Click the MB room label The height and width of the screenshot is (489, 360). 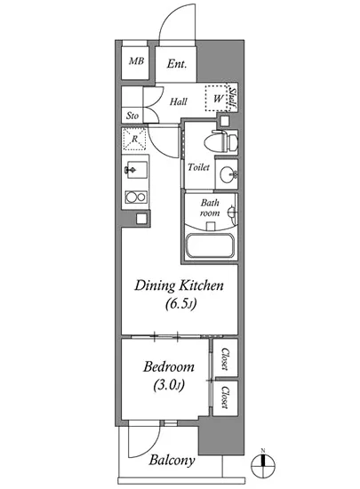pyautogui.click(x=137, y=60)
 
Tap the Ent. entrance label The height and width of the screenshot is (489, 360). pyautogui.click(x=177, y=64)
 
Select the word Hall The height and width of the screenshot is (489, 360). pyautogui.click(x=179, y=101)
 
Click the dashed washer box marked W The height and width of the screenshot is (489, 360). pyautogui.click(x=217, y=98)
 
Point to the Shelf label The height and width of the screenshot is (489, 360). pyautogui.click(x=233, y=98)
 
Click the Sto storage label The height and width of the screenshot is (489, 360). pyautogui.click(x=132, y=116)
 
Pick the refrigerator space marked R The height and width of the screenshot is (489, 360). pyautogui.click(x=134, y=139)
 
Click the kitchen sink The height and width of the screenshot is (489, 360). pyautogui.click(x=136, y=170)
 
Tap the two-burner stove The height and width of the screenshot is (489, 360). pyautogui.click(x=136, y=196)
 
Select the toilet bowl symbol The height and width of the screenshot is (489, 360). pyautogui.click(x=220, y=141)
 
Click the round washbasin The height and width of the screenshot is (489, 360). pyautogui.click(x=228, y=174)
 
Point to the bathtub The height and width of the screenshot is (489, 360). pyautogui.click(x=210, y=246)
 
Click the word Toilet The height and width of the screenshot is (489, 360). pyautogui.click(x=198, y=167)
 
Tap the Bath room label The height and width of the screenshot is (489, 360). pyautogui.click(x=210, y=208)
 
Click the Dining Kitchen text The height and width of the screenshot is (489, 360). pyautogui.click(x=179, y=285)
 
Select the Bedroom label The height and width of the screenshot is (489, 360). pyautogui.click(x=169, y=366)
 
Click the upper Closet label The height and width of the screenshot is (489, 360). pyautogui.click(x=226, y=358)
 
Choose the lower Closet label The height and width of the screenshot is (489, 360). pyautogui.click(x=225, y=397)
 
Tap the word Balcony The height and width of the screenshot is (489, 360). pyautogui.click(x=172, y=461)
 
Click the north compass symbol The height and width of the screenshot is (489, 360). pyautogui.click(x=263, y=466)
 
